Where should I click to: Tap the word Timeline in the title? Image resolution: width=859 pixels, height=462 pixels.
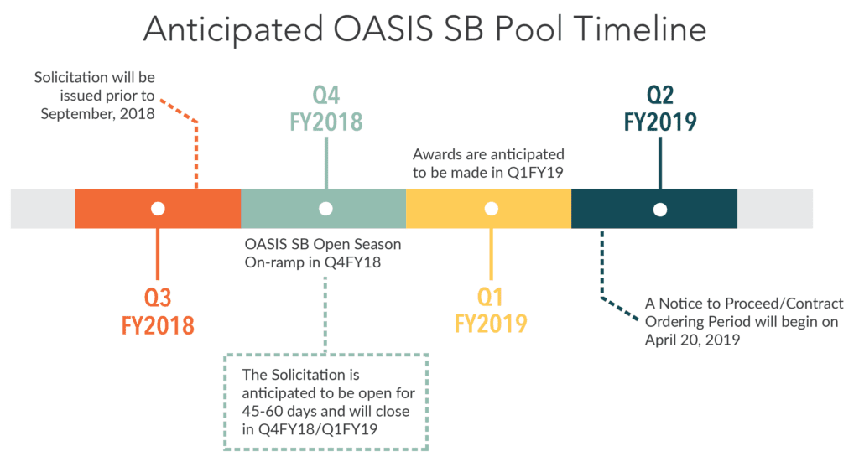click(640, 29)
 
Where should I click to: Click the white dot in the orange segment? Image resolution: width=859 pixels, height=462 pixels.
click(158, 209)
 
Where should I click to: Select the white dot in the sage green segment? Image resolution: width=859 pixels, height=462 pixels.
click(326, 209)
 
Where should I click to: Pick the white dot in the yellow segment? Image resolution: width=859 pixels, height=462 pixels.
click(492, 209)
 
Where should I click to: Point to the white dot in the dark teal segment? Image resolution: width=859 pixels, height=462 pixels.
click(660, 209)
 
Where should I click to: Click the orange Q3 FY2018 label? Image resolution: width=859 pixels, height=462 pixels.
click(158, 311)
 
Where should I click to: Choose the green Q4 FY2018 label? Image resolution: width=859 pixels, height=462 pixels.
click(326, 109)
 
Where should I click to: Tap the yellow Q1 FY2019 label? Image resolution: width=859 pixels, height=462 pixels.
click(491, 310)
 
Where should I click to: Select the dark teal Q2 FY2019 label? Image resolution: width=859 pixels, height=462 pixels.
click(660, 109)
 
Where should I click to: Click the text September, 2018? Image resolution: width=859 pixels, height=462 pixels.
click(97, 114)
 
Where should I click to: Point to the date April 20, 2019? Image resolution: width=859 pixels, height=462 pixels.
click(692, 340)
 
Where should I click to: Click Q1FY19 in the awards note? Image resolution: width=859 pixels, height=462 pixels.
click(535, 173)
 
